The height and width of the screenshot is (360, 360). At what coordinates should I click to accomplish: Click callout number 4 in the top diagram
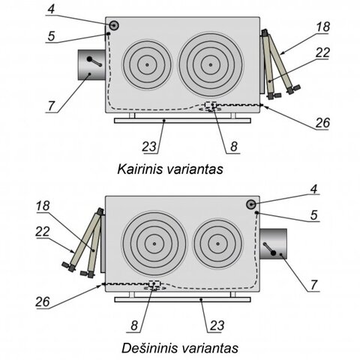pyautogui.click(x=51, y=9)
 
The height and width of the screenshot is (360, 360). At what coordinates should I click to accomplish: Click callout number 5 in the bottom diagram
pyautogui.click(x=314, y=215)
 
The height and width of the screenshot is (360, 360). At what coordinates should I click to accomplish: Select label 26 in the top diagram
pyautogui.click(x=322, y=122)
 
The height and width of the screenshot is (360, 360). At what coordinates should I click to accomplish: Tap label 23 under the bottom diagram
pyautogui.click(x=217, y=325)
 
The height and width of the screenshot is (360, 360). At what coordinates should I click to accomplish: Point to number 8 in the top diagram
pyautogui.click(x=234, y=146)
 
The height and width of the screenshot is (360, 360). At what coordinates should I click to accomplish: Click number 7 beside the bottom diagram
pyautogui.click(x=313, y=285)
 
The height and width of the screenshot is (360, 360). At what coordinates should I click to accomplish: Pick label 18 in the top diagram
pyautogui.click(x=323, y=27)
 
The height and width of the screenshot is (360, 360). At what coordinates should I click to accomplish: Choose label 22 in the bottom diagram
pyautogui.click(x=43, y=232)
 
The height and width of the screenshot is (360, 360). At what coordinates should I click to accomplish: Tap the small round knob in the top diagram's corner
pyautogui.click(x=114, y=25)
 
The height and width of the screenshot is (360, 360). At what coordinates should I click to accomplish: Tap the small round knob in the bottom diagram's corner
pyautogui.click(x=251, y=205)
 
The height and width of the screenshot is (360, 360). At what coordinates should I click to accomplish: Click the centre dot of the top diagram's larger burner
pyautogui.click(x=211, y=64)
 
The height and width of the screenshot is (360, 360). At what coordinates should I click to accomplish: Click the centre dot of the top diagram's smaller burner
pyautogui.click(x=147, y=64)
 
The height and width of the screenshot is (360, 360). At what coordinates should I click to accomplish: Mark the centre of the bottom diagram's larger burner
pyautogui.click(x=154, y=244)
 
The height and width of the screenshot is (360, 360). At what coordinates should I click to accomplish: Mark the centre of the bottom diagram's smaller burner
pyautogui.click(x=217, y=244)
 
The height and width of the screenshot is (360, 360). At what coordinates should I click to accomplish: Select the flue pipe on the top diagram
pyautogui.click(x=91, y=64)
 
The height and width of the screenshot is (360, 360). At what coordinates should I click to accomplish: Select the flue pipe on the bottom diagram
pyautogui.click(x=273, y=244)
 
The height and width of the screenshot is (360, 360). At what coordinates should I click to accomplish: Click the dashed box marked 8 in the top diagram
pyautogui.click(x=211, y=105)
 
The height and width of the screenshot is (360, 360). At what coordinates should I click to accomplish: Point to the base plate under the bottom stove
pyautogui.click(x=182, y=299)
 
